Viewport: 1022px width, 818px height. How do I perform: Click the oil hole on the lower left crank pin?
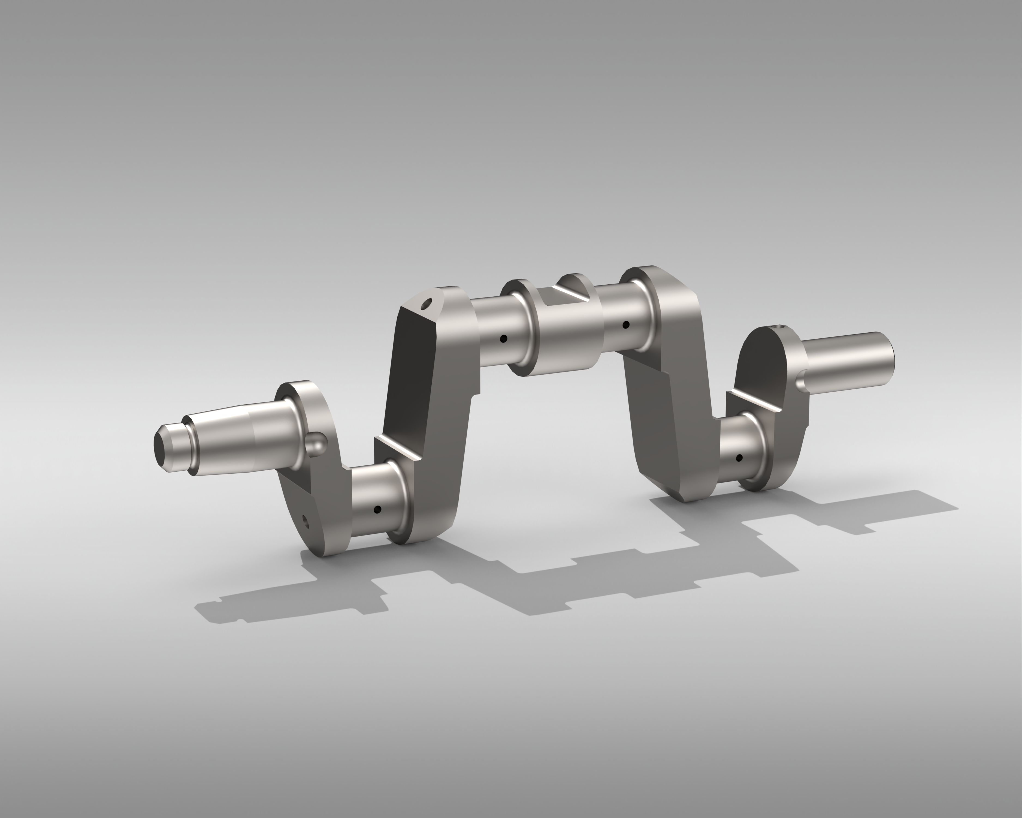[x=377, y=510]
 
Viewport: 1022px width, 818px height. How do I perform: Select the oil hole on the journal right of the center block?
[x=626, y=325]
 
